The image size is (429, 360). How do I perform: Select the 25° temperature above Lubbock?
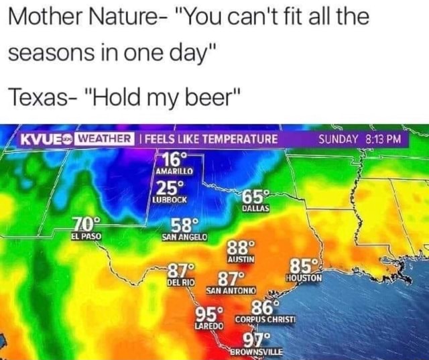pos(170,188)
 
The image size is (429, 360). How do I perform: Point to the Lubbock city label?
pos(169,199)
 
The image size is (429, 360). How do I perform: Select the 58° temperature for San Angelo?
pos(184,226)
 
